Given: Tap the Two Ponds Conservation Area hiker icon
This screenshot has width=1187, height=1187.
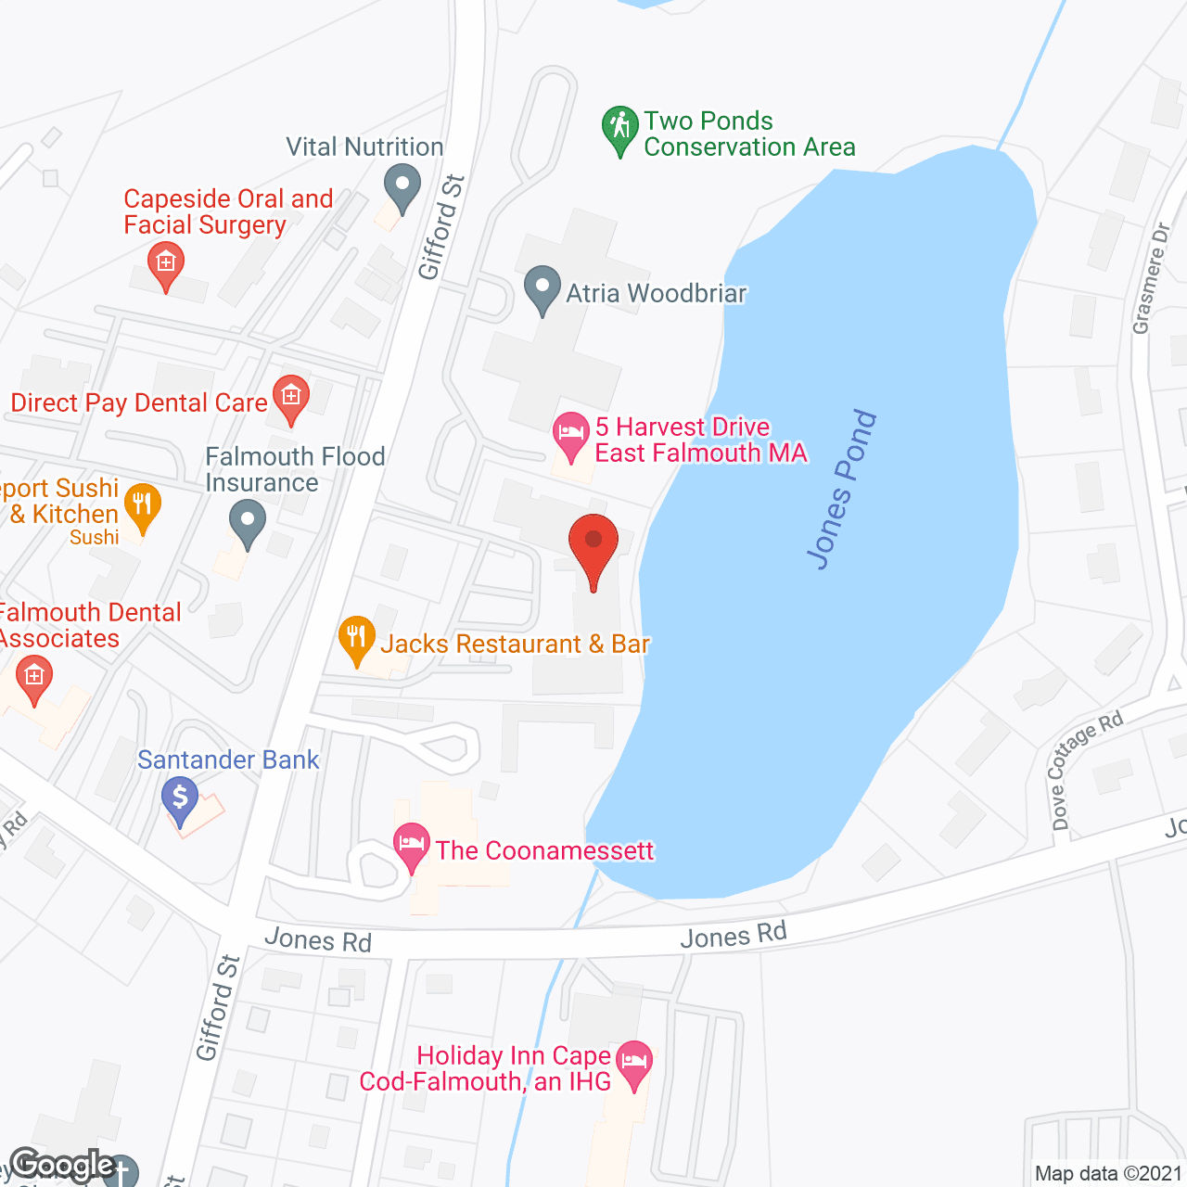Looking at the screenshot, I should click(x=619, y=128).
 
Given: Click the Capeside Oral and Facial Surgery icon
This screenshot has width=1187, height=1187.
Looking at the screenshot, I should click(x=166, y=263).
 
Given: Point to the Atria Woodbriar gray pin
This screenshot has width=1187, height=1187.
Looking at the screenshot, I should click(x=542, y=288).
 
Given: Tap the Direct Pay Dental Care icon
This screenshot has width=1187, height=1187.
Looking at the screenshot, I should click(x=290, y=398).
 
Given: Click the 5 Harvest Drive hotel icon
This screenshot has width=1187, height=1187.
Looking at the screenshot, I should click(x=570, y=434).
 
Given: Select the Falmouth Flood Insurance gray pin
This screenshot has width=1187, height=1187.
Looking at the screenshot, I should click(x=247, y=521).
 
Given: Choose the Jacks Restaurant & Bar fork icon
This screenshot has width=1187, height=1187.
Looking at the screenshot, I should click(x=357, y=638).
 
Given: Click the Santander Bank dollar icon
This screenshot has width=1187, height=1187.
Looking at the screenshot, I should click(x=180, y=798).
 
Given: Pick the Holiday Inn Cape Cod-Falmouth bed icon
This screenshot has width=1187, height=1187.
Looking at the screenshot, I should click(x=634, y=1062).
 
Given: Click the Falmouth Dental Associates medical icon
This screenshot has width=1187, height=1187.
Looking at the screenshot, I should click(x=34, y=677).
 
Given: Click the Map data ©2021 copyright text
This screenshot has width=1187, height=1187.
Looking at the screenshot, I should click(x=1108, y=1173).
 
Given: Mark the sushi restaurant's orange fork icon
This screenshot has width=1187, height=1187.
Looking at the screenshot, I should click(x=142, y=506).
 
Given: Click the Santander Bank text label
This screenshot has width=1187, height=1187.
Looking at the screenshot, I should click(x=228, y=759).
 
